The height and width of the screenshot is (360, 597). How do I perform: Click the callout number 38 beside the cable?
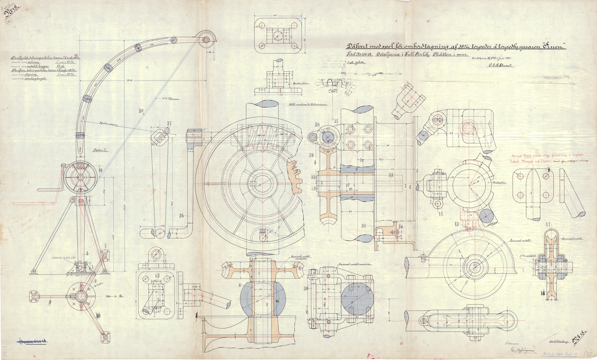[141, 110]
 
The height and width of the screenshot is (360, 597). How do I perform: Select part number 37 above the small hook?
[169, 123]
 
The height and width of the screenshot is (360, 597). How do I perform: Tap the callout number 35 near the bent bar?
[182, 215]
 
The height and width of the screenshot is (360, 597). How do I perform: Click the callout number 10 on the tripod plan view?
[98, 315]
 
